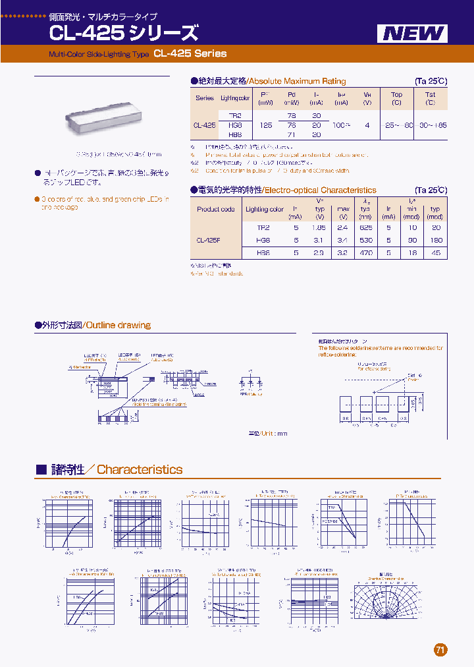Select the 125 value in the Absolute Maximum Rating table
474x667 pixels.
pos(265,125)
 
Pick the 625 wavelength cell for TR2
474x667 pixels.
pos(366,227)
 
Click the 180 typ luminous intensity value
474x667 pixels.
pos(434,240)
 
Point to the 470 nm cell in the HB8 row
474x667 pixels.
pos(366,253)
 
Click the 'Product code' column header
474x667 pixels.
pos(215,209)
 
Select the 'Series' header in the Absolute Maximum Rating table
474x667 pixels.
pos(205,98)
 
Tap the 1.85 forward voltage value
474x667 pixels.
pos(320,227)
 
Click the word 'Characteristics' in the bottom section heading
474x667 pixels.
pos(140,469)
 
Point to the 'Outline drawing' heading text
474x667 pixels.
pos(118,325)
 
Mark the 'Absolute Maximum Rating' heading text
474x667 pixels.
pos(305,81)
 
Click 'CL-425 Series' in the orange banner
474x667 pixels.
pos(190,54)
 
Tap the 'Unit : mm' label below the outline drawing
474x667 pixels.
pos(274,434)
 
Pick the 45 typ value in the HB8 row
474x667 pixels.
pos(434,253)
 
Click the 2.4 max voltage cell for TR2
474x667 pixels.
pos(343,227)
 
